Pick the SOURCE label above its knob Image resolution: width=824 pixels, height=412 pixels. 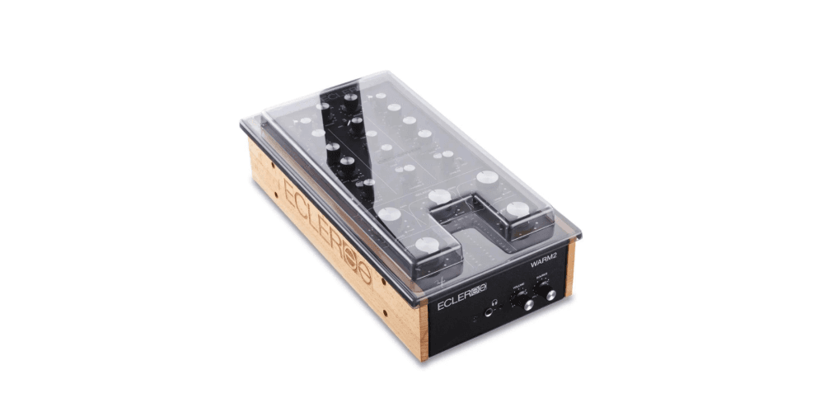(543, 277)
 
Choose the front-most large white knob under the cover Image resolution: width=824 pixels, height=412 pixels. (427, 245)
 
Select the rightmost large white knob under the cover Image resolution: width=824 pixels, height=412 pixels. (517, 209)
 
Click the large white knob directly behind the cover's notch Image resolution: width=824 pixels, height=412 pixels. (440, 197)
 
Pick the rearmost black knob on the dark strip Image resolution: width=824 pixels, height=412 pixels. (352, 98)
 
